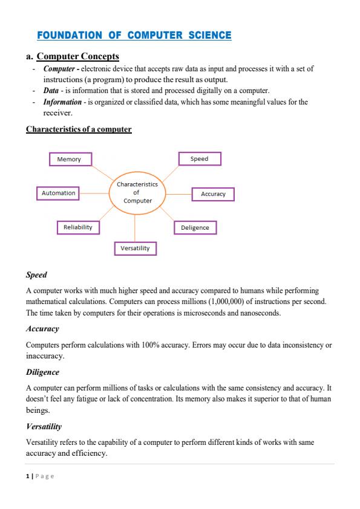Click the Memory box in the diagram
pyautogui.click(x=69, y=159)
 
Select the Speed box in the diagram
pyautogui.click(x=199, y=159)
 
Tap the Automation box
pyautogui.click(x=59, y=193)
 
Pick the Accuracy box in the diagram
pyautogui.click(x=213, y=194)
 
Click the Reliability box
pyautogui.click(x=78, y=227)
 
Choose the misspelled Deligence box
pyautogui.click(x=195, y=228)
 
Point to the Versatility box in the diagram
pyautogui.click(x=135, y=248)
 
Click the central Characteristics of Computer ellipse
pyautogui.click(x=137, y=192)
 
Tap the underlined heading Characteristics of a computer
pyautogui.click(x=79, y=129)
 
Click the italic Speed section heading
pyautogui.click(x=36, y=275)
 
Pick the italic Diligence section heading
pyautogui.click(x=42, y=372)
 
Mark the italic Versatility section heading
pyautogui.click(x=44, y=426)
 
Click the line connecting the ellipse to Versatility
pyautogui.click(x=135, y=229)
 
